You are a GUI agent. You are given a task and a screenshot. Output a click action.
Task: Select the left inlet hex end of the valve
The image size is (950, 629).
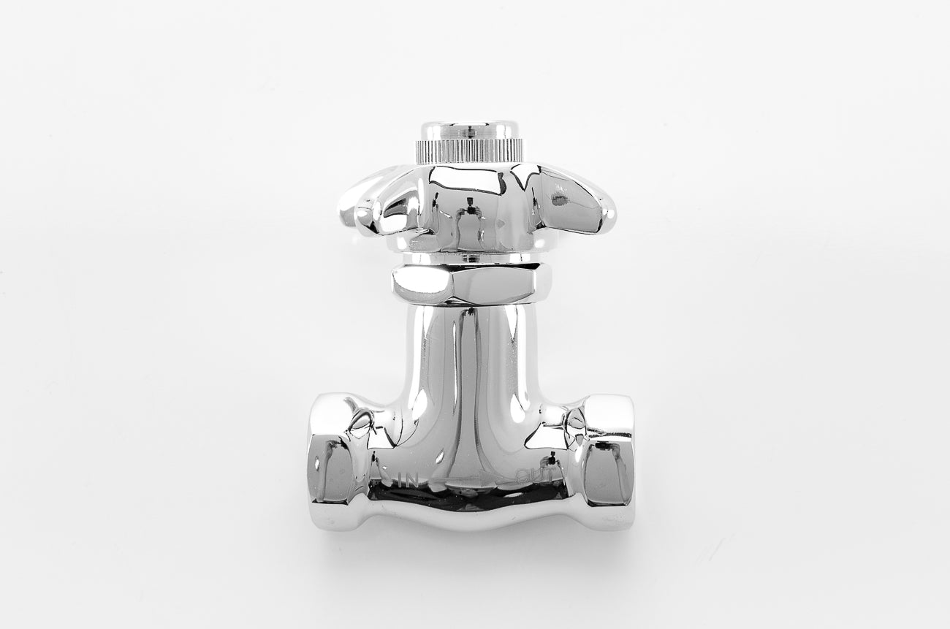coord(332,460)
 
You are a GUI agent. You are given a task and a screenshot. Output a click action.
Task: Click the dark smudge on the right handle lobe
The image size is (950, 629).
coord(560,197)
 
